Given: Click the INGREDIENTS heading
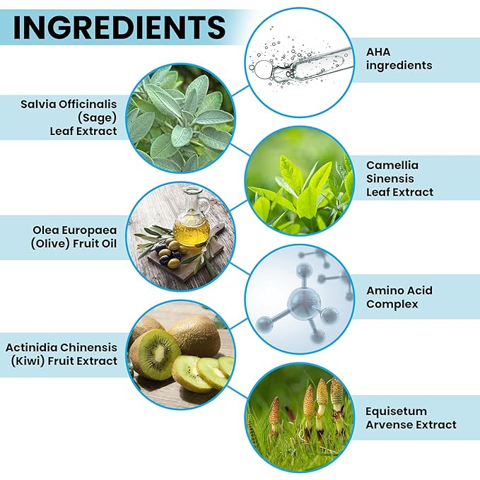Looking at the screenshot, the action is pos(119,28).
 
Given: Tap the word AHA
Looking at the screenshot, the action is pos(378,52).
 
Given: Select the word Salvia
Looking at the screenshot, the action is pos(39,104).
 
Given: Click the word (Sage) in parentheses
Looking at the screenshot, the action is pos(97,118).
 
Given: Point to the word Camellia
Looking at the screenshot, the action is pos(392,165).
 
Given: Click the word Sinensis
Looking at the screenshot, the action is pos(390,178).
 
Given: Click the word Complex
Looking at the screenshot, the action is pos(392,304).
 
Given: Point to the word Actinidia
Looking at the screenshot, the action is pos(31,347).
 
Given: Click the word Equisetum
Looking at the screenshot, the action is pos(396,411).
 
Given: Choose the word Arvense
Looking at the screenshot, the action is pos(387,425).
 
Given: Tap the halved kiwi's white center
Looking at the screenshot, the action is pos(159,354).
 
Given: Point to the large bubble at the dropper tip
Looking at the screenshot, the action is pos(263,69).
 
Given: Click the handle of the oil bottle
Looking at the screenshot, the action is pos(206,204).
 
